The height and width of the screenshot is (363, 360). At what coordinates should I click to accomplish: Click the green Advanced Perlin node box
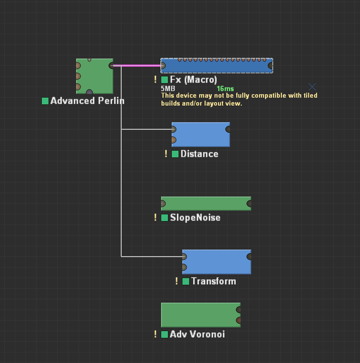click(x=95, y=76)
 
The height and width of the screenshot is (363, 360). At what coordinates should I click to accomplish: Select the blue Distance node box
click(x=201, y=134)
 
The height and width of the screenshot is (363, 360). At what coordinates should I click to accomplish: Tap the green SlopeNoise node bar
click(x=206, y=203)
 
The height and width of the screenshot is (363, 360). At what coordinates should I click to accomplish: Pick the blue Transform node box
click(x=217, y=262)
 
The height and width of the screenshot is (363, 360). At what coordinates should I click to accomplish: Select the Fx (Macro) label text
click(x=193, y=80)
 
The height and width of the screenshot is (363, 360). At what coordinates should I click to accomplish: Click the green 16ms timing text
click(x=225, y=89)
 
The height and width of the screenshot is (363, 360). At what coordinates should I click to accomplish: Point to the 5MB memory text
click(x=168, y=89)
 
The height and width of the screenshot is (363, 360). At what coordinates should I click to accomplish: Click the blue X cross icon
click(x=312, y=87)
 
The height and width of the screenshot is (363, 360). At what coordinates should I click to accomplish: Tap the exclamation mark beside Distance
click(x=166, y=154)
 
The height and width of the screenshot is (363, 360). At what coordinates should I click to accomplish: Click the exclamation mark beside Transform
click(x=177, y=281)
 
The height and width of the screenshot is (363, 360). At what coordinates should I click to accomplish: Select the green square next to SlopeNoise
click(x=165, y=218)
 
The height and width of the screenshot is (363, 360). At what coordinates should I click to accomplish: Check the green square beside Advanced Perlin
click(x=45, y=101)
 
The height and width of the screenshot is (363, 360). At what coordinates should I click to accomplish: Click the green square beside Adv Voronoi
click(x=165, y=334)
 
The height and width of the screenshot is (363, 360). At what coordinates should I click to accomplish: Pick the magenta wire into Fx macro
click(x=138, y=66)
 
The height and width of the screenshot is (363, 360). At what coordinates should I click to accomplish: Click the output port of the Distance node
click(x=228, y=129)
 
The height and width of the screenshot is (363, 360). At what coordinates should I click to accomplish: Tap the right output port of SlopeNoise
click(x=249, y=203)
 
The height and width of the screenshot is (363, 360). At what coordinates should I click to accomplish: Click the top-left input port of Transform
click(x=184, y=257)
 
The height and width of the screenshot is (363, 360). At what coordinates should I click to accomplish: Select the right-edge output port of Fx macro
click(x=270, y=66)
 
